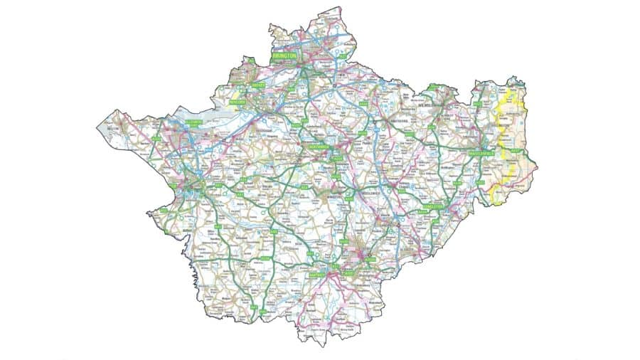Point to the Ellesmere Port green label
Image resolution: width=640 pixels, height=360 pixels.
pos(194,122)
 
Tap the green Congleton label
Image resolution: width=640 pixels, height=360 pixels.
pos(432,206)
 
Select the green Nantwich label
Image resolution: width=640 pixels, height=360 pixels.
pos(317,274)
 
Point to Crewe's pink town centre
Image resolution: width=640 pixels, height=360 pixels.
pos(364,255)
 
